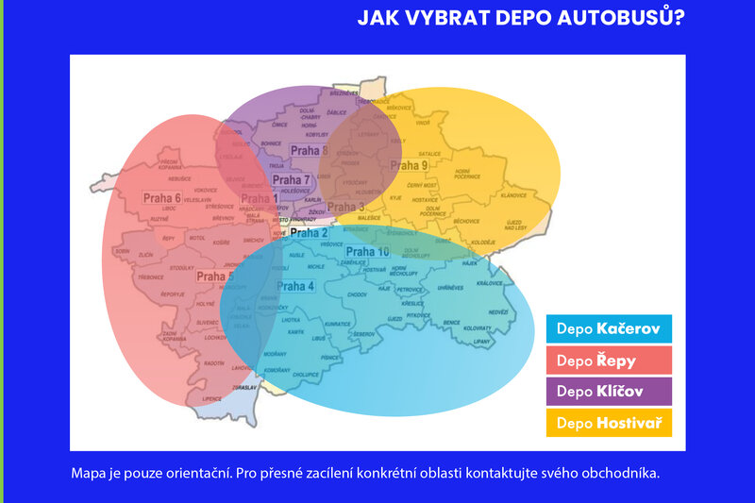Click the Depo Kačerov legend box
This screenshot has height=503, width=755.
click(x=609, y=328)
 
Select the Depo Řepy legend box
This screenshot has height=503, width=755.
click(x=609, y=360)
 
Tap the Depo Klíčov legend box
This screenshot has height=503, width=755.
click(x=609, y=391)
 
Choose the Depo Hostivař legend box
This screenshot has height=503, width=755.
click(x=609, y=422)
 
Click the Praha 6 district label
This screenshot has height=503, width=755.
click(x=162, y=198)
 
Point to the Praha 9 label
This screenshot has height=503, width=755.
click(x=410, y=166)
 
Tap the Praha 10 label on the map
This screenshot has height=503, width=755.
click(x=367, y=252)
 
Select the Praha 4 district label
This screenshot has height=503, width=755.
click(x=295, y=286)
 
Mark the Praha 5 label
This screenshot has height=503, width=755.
click(x=215, y=277)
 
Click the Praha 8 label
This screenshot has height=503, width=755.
click(x=310, y=150)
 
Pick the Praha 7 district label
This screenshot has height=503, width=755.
click(x=292, y=180)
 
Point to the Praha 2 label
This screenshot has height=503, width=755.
click(x=310, y=232)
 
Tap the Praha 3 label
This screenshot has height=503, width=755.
click(x=346, y=207)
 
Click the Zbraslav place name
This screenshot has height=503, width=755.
click(x=243, y=387)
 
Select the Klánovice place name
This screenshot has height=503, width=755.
click(x=513, y=195)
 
